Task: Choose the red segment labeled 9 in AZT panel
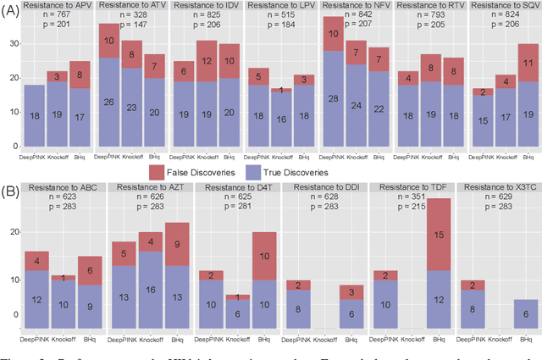point(176,244)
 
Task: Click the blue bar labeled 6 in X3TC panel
point(524,313)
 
